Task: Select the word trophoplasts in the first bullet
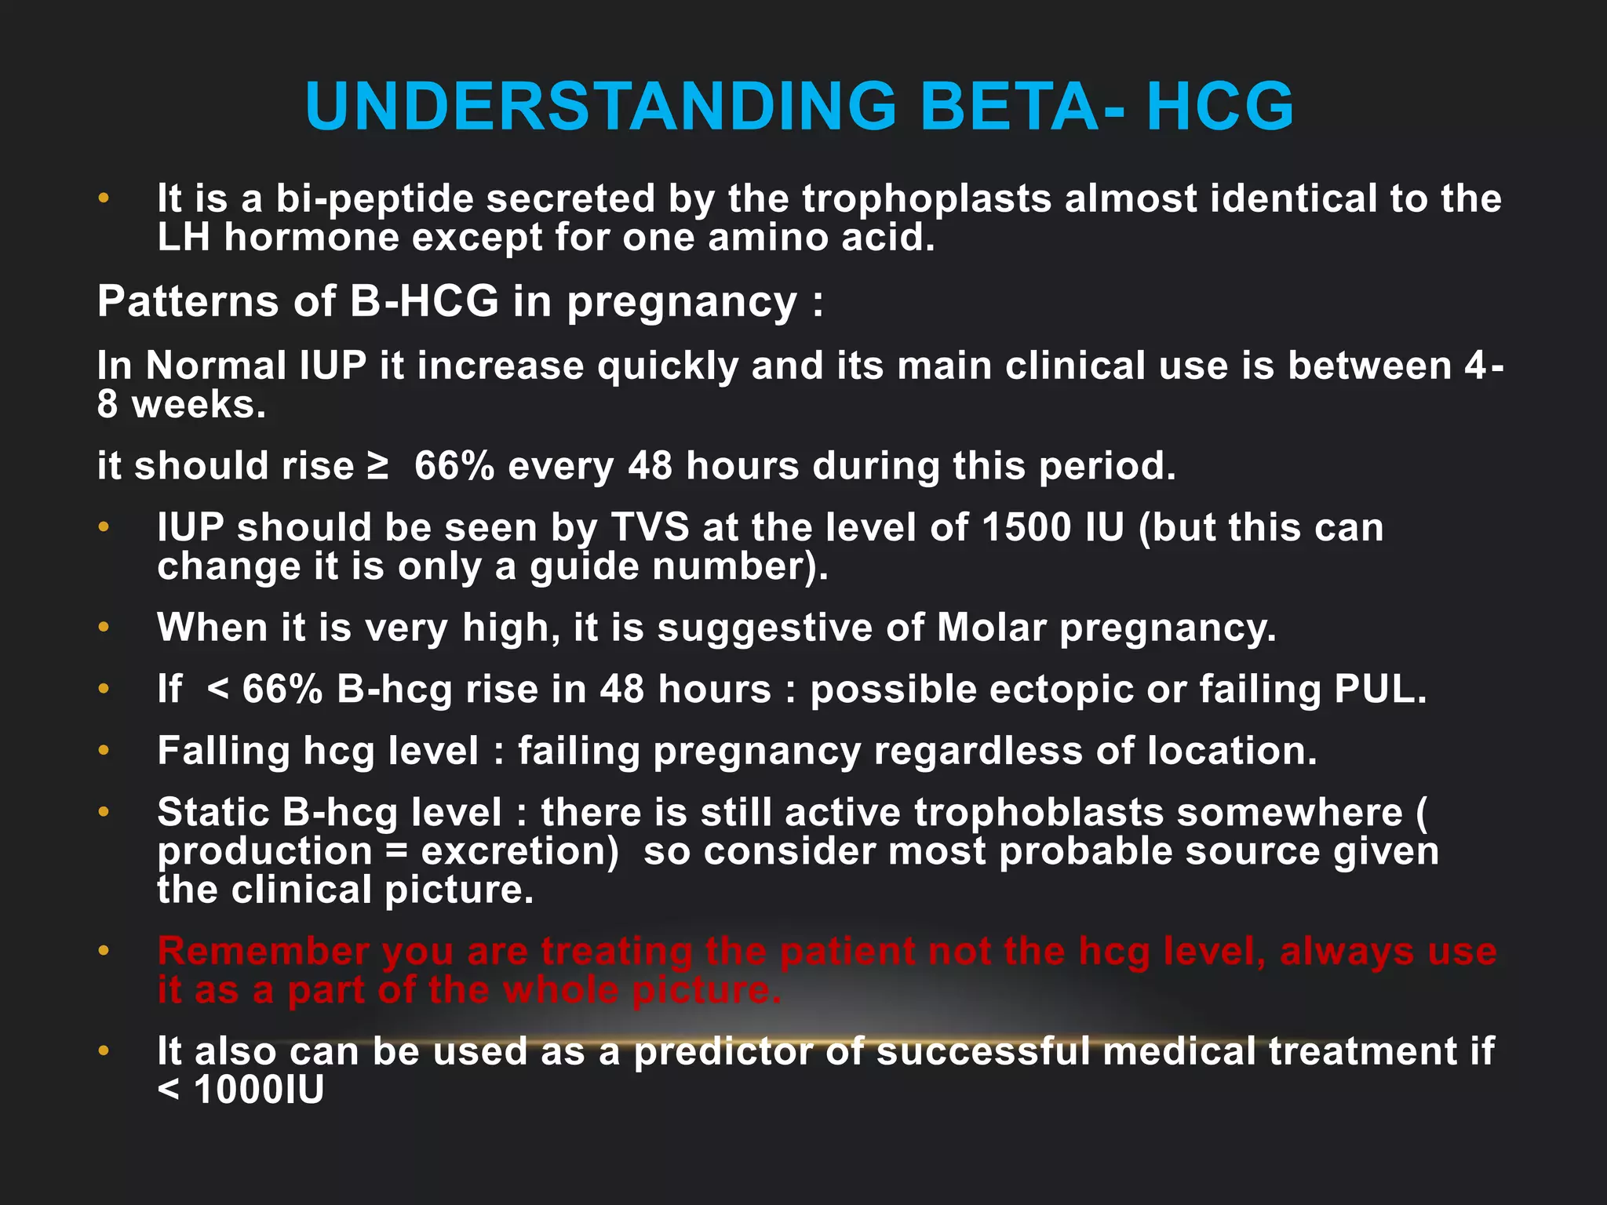click(927, 198)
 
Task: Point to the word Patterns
click(188, 301)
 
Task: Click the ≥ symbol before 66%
click(378, 466)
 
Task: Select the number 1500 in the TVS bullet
click(1026, 527)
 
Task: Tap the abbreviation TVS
click(650, 527)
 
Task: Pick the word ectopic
click(972, 690)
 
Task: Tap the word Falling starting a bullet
click(224, 752)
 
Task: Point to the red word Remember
click(263, 952)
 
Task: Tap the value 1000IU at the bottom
click(258, 1090)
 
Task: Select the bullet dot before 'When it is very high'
click(104, 628)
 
